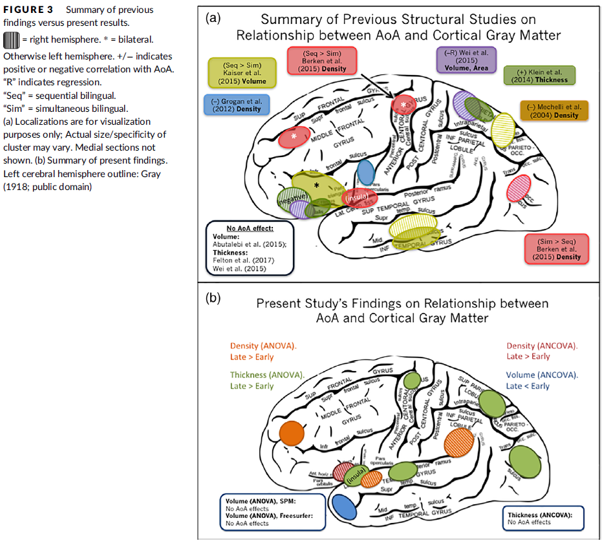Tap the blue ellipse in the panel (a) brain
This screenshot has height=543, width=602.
(366, 172)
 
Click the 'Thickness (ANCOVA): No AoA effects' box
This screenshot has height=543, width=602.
(544, 518)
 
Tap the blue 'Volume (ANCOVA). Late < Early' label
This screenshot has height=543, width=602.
(542, 380)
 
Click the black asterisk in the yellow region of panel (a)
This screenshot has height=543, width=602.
(316, 186)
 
